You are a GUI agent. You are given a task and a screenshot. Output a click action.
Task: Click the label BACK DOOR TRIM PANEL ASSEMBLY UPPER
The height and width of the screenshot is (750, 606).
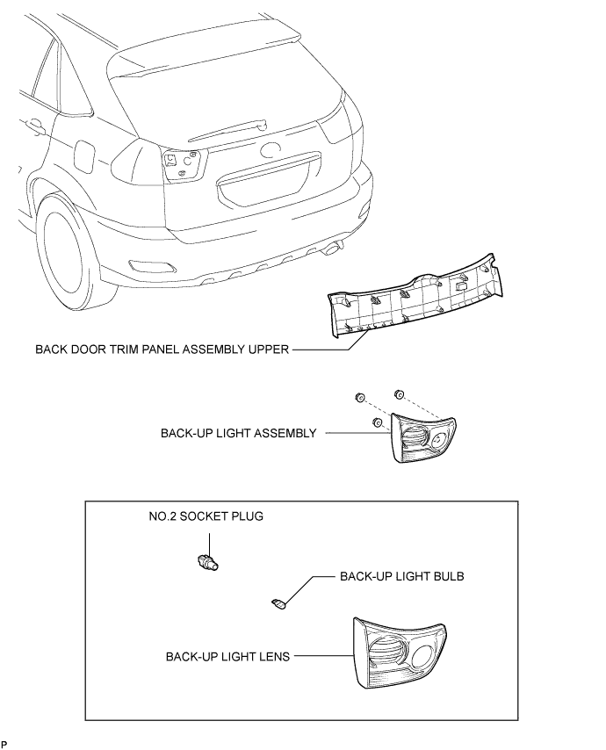pyautogui.click(x=162, y=349)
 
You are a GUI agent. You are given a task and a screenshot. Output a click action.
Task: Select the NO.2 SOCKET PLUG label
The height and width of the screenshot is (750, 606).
pyautogui.click(x=205, y=516)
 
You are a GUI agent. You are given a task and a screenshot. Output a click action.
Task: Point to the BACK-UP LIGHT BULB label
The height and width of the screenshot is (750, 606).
pyautogui.click(x=401, y=577)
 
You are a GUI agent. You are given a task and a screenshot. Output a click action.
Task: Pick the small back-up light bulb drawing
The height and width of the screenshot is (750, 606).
pyautogui.click(x=278, y=603)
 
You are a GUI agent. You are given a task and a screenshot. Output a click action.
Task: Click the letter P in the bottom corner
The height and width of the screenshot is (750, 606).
pyautogui.click(x=4, y=744)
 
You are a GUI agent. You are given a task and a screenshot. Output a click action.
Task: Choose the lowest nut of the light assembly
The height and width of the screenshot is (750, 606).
pyautogui.click(x=378, y=424)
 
